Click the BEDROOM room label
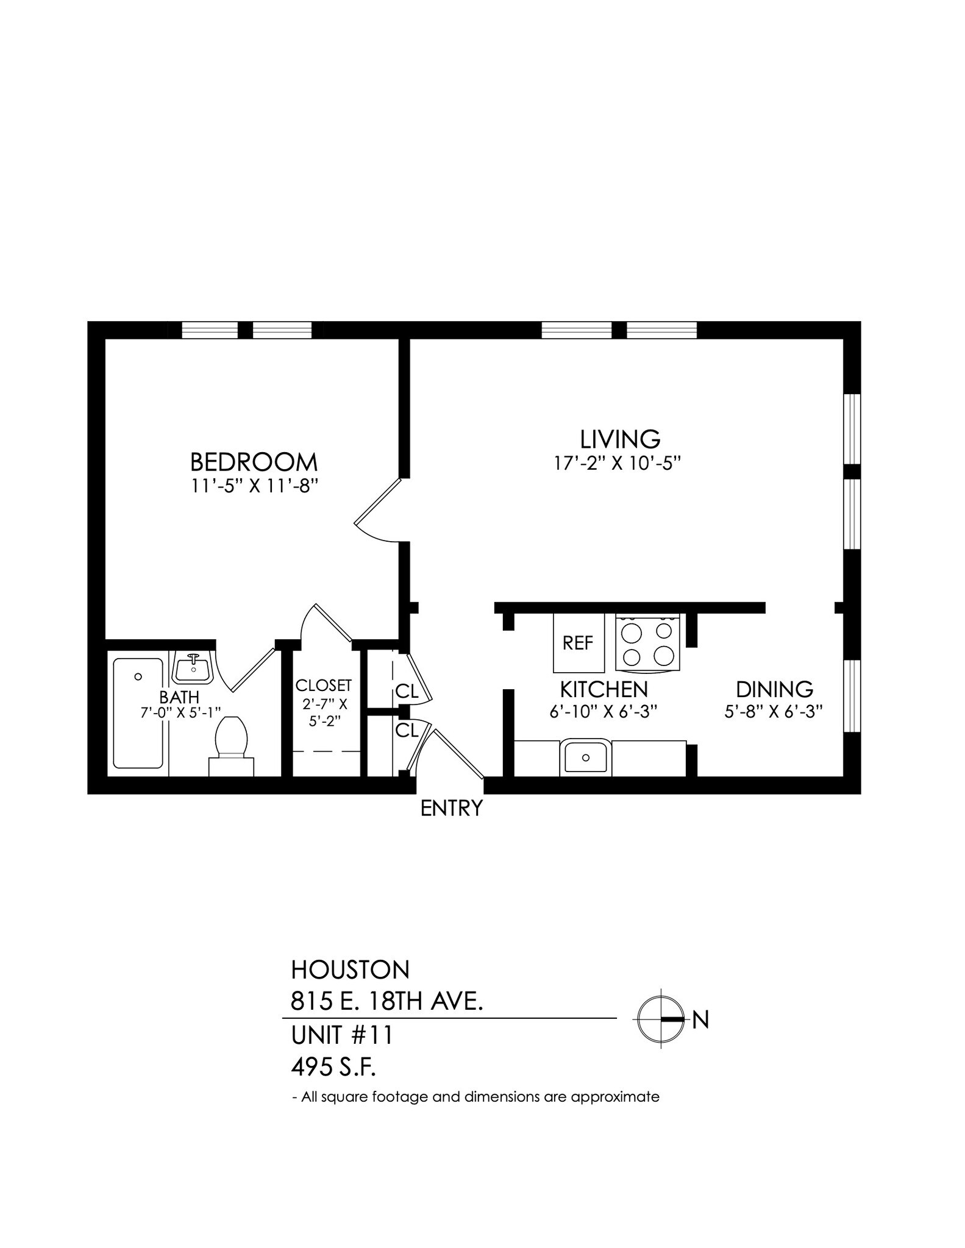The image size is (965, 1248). point(254,462)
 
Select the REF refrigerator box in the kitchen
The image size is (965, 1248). point(578,643)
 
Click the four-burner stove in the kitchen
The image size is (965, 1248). point(647,643)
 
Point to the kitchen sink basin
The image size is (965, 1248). point(585,757)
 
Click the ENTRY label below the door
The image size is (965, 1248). point(452,809)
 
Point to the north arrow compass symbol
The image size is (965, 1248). point(661,1019)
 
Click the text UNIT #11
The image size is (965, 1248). point(342,1035)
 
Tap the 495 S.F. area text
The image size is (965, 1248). point(333,1067)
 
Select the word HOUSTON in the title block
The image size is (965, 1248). point(350,969)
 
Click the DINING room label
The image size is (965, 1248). point(774,689)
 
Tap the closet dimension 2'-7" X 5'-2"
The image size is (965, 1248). point(324,712)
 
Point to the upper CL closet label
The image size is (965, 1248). point(406,691)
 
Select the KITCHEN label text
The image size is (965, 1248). point(604,689)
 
